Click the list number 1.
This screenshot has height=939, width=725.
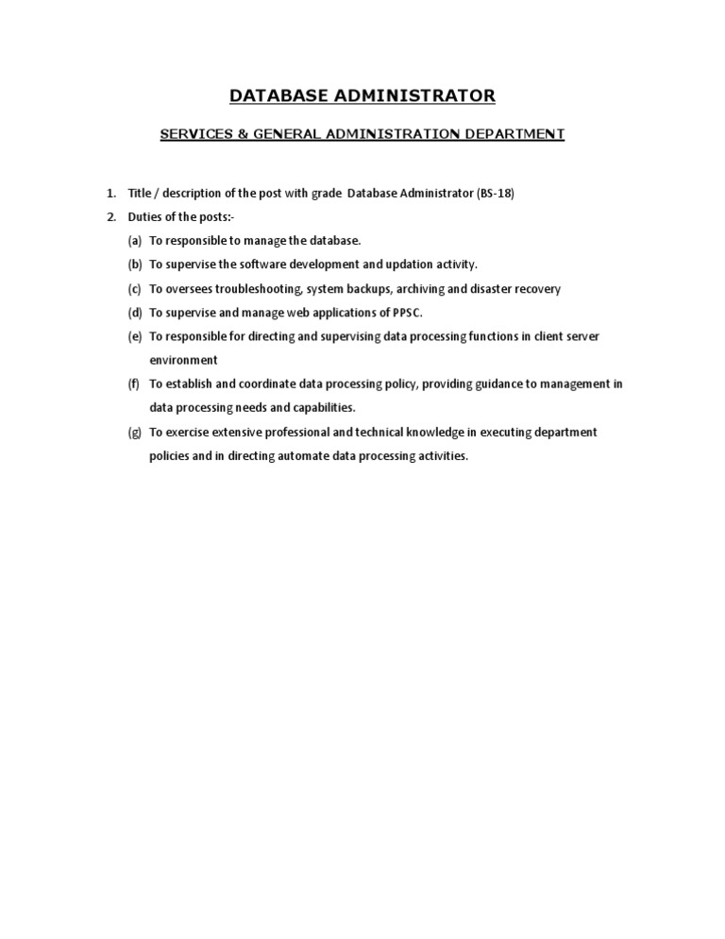click(110, 194)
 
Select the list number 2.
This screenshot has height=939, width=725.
click(110, 217)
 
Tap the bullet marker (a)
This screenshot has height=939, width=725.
click(135, 241)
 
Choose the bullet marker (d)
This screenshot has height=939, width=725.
click(135, 313)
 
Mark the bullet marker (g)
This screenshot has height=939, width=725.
click(135, 432)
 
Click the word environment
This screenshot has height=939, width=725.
click(183, 360)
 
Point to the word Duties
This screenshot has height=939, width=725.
click(145, 217)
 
